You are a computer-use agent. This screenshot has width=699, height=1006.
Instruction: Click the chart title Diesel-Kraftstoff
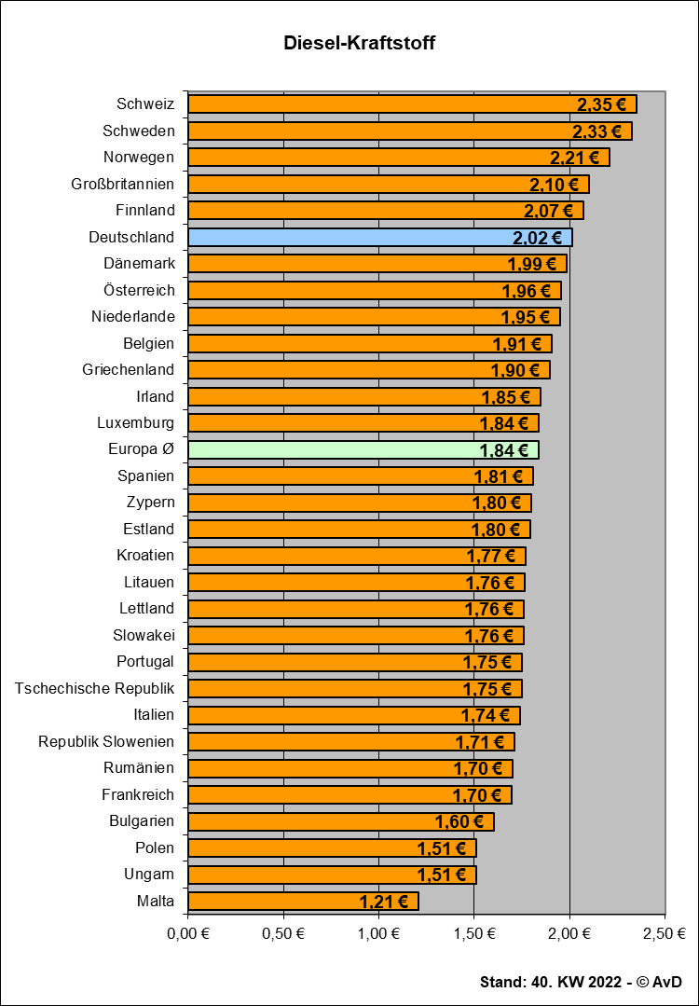[x=360, y=43]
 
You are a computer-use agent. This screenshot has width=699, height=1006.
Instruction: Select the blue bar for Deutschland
[x=379, y=238]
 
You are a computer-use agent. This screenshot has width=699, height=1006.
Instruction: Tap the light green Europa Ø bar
[x=363, y=450]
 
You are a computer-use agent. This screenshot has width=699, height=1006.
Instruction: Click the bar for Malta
[x=303, y=901]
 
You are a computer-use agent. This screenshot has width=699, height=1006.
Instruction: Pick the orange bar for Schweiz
[x=412, y=104]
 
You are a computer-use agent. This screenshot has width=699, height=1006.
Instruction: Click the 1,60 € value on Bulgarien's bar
[x=459, y=821]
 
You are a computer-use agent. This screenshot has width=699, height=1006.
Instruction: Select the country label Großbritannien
[x=122, y=185]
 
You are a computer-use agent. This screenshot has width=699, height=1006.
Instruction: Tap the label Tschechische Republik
[x=94, y=689]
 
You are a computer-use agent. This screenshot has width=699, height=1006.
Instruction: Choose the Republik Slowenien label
[x=106, y=742]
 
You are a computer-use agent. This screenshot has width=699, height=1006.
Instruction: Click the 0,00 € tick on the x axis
[x=188, y=933]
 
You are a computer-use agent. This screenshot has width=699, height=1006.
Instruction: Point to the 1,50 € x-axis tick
[x=474, y=933]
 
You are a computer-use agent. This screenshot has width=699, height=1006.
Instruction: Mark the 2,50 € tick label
[x=665, y=933]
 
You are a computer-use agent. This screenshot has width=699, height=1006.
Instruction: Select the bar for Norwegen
[x=398, y=158]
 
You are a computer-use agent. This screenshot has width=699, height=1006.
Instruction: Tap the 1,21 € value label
[x=384, y=902]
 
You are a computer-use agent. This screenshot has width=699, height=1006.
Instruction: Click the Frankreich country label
[x=138, y=795]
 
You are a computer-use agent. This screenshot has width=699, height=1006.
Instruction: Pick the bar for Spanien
[x=360, y=476]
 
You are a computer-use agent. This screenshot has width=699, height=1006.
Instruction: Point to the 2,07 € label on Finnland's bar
[x=550, y=211]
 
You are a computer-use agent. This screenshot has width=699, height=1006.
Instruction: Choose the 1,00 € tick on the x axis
[x=379, y=933]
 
